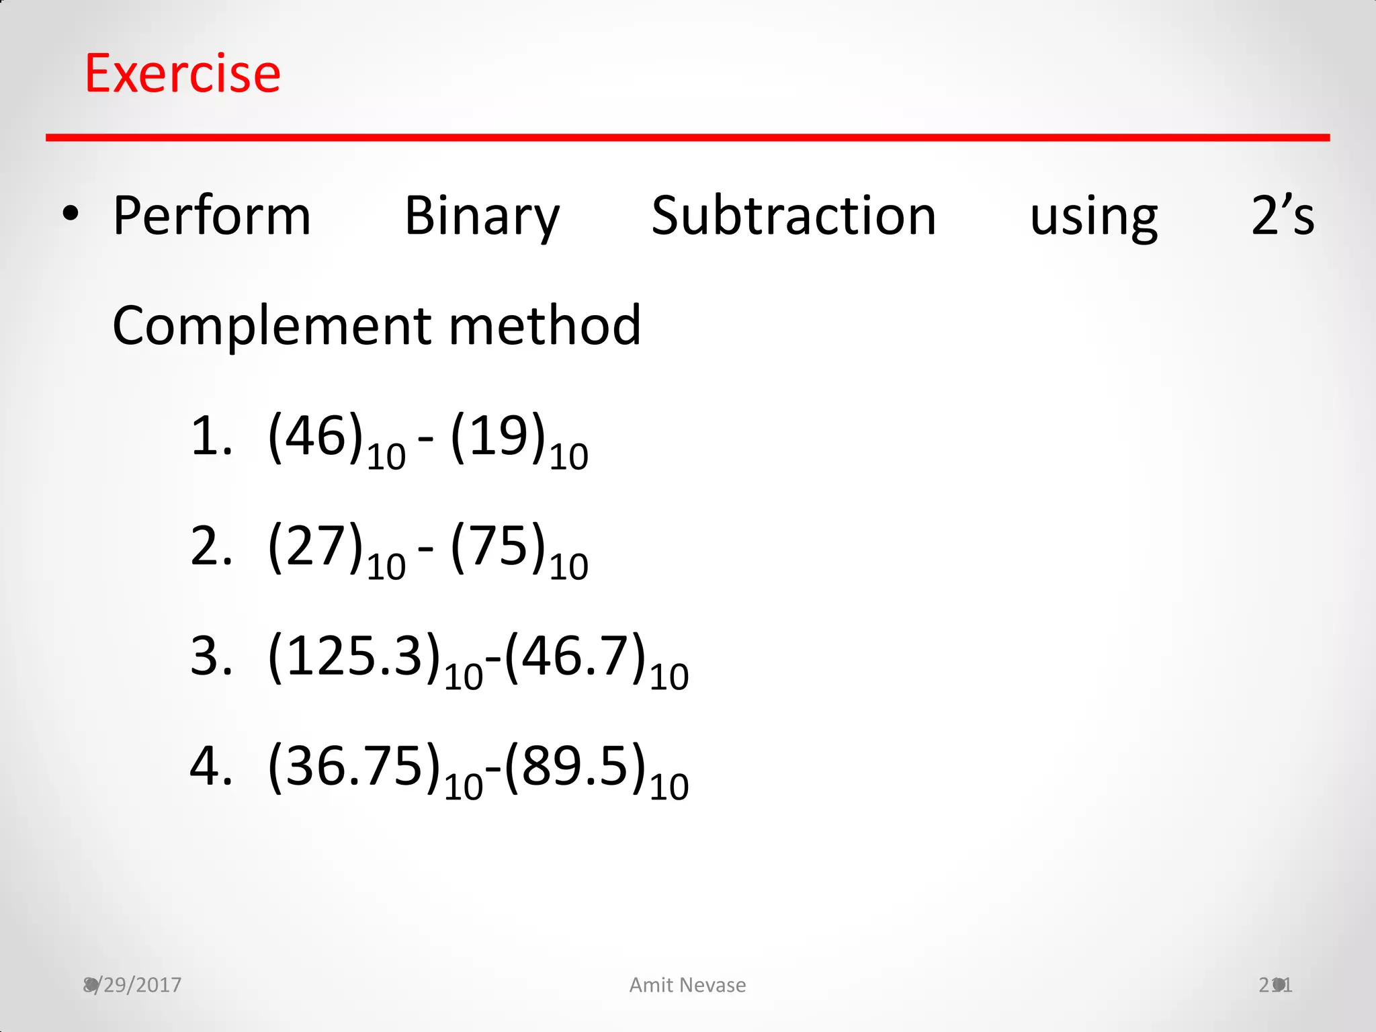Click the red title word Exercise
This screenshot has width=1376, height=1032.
pos(182,73)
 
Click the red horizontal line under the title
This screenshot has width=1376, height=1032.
pos(687,138)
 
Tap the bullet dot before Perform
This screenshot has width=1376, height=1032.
pos(70,215)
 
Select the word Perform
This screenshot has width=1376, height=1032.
pos(212,216)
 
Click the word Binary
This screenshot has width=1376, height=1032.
pos(482,216)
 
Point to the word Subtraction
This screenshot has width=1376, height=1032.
pos(793,216)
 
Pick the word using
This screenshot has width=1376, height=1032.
pos(1093,216)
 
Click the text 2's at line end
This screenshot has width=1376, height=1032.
pos(1282,216)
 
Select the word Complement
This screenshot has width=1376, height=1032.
pos(270,326)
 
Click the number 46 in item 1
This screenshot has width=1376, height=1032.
pos(316,436)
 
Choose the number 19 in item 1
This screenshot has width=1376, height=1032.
pos(498,436)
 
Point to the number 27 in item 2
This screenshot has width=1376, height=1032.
pos(316,546)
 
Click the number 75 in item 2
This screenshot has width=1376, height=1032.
pos(498,546)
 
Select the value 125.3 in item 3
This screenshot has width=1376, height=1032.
pos(354,656)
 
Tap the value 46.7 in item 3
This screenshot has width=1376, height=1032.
pos(574,656)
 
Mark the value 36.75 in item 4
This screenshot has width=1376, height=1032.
pos(354,765)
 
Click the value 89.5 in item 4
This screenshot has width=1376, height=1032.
pos(574,765)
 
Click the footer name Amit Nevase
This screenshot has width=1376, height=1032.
pos(687,985)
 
